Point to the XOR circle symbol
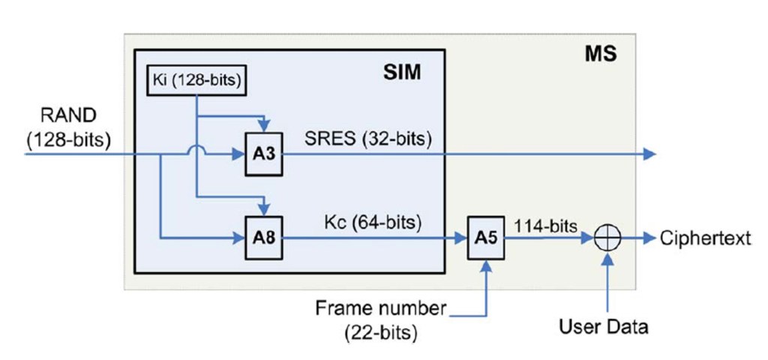[x=607, y=239]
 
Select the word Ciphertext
[x=705, y=239]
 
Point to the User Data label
[x=604, y=327]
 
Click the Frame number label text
[x=381, y=307]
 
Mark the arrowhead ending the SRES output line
[x=650, y=155]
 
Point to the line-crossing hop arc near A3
[x=196, y=150]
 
